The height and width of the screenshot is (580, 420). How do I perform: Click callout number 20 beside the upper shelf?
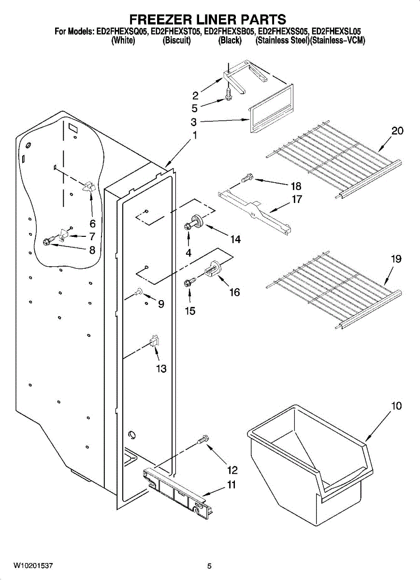398,131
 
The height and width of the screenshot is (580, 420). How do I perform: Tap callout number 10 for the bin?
396,406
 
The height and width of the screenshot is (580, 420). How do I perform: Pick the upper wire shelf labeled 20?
333,163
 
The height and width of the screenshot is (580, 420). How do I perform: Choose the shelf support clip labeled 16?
213,269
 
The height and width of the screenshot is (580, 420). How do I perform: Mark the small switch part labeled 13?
155,341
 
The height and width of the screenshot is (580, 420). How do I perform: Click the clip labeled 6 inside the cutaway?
89,187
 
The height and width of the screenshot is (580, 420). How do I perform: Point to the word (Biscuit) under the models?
177,41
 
